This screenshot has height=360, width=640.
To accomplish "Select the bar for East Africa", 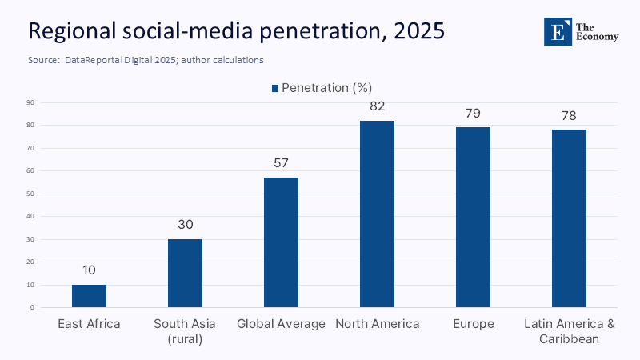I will (89, 296).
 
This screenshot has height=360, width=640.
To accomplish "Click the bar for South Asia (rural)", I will (185, 273).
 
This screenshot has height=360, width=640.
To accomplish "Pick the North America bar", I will (377, 214).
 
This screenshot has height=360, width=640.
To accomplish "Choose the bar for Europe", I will (473, 217).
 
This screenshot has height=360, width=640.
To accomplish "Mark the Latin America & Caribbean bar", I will (569, 218).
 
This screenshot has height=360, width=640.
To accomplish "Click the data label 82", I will (377, 106).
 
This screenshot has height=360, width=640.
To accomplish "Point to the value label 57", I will (281, 162).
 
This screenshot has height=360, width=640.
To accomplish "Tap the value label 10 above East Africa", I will (89, 270).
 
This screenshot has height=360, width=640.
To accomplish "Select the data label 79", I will (473, 113).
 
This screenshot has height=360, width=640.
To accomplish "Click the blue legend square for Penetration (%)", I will (275, 88).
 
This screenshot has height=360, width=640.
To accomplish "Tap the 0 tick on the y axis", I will (31, 307).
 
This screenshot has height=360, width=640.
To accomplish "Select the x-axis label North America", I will (377, 324).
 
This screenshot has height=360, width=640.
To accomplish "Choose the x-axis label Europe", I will (473, 324).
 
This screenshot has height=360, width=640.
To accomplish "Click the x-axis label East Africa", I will (89, 324).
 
